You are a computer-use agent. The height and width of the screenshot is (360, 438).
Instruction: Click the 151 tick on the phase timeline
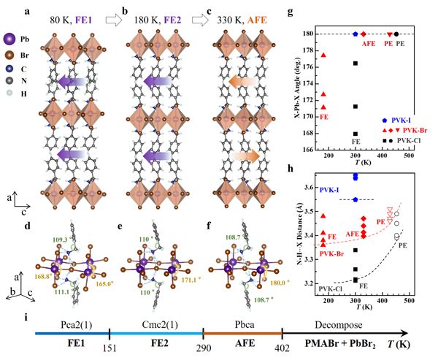point(109,348)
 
